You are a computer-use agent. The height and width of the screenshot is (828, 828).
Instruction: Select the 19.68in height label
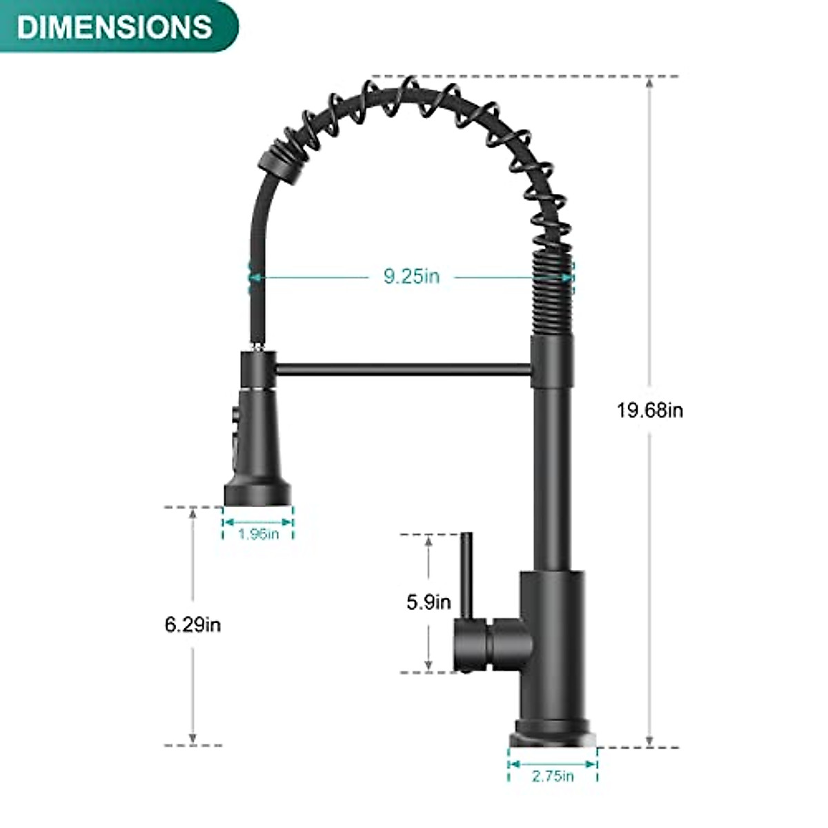(650, 411)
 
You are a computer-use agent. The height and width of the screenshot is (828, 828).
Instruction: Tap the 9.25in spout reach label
(411, 277)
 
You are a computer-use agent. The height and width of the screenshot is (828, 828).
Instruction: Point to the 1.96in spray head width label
(258, 533)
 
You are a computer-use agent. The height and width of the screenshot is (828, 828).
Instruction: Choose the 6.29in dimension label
(193, 624)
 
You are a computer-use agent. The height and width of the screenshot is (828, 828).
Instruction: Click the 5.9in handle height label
(428, 602)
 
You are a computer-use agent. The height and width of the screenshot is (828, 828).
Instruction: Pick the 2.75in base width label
(553, 776)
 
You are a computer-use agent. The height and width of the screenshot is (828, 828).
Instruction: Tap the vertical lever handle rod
(466, 576)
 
